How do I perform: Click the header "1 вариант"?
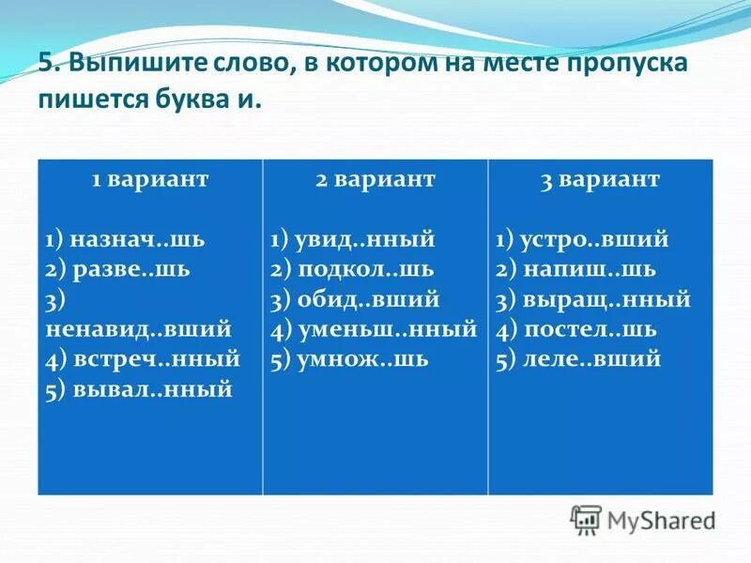pos(149,180)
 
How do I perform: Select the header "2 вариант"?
pos(375,180)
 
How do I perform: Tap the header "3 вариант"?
pos(600,180)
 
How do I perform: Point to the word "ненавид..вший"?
pos(138,329)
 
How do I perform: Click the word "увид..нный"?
pos(366,239)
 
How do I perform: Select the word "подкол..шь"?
pos(365,269)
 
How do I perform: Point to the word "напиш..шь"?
pos(590,269)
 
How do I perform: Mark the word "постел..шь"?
pos(590,329)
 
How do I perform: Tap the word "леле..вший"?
pos(592,359)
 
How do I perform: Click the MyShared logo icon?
pos(586,519)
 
